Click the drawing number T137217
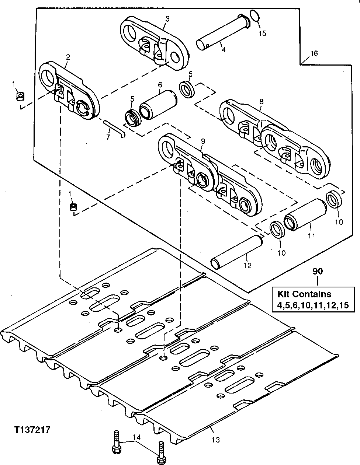(32, 430)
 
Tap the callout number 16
(314, 54)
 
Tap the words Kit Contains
(304, 294)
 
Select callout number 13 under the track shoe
(216, 440)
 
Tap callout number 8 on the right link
(261, 100)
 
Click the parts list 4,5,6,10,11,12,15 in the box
(311, 305)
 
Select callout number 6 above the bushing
(160, 84)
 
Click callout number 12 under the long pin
(247, 265)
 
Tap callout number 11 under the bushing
(311, 236)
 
